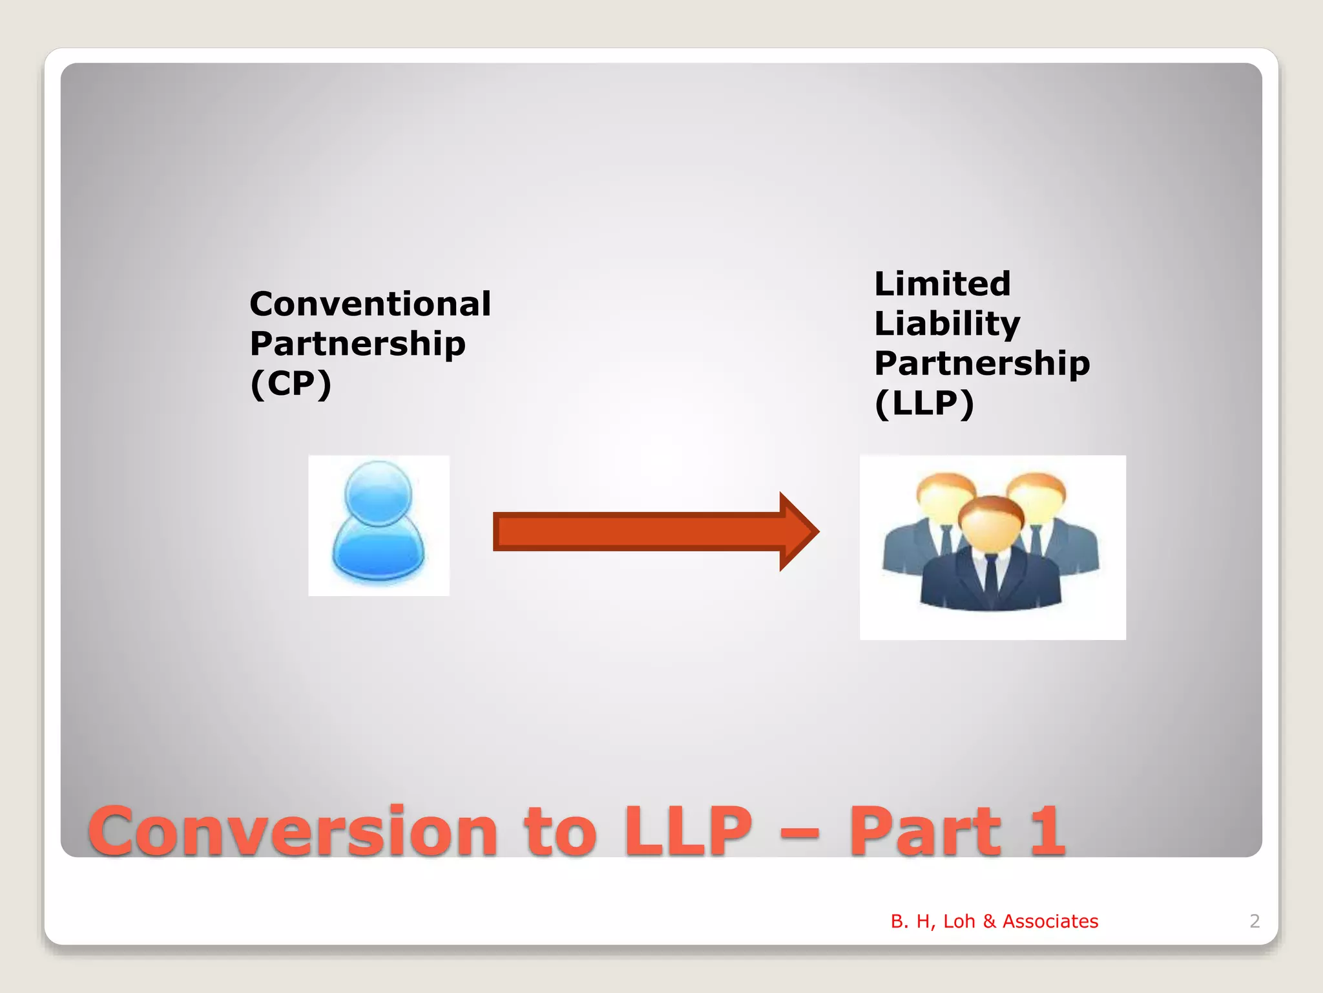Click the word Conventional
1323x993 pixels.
click(x=370, y=304)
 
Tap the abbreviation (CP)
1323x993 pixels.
click(x=291, y=383)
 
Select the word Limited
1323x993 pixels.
click(x=943, y=284)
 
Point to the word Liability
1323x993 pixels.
click(x=947, y=324)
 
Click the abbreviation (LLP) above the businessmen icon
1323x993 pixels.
click(x=924, y=403)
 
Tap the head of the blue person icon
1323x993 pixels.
click(x=378, y=493)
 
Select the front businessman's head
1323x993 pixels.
click(x=990, y=524)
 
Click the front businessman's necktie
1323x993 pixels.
click(x=991, y=575)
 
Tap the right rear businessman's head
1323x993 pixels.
click(x=1036, y=498)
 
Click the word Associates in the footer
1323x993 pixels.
click(x=1050, y=921)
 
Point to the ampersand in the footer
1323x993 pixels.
click(x=989, y=921)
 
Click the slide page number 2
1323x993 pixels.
click(x=1255, y=921)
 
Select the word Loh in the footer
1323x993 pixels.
click(x=959, y=921)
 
